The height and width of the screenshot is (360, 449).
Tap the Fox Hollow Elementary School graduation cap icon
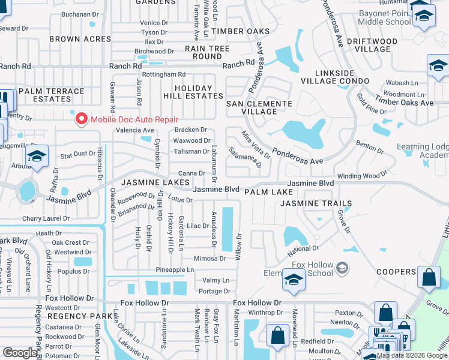293,280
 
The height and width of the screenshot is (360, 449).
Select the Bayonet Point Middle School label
385,17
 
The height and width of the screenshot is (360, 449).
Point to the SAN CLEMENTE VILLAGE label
259,107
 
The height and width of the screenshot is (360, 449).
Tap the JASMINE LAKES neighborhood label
155,182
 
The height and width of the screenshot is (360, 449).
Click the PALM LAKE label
268,192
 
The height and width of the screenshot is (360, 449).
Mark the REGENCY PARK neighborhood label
80,316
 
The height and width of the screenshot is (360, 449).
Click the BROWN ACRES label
73,39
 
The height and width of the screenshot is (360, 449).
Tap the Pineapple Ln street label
175,270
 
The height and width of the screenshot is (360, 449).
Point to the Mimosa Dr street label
209,259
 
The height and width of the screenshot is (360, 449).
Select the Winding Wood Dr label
362,176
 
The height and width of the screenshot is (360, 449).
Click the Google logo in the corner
20,353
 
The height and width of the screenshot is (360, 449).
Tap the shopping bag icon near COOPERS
428,278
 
